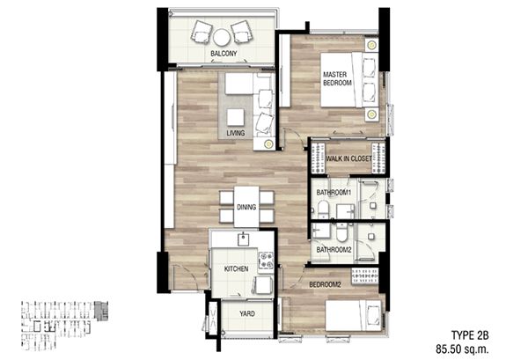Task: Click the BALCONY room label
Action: pyautogui.click(x=224, y=53)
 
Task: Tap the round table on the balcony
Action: pyautogui.click(x=222, y=37)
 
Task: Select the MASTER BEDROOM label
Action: pyautogui.click(x=337, y=78)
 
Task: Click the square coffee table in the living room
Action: pyautogui.click(x=235, y=118)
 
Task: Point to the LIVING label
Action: pyautogui.click(x=235, y=133)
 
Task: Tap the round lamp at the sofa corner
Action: pyautogui.click(x=268, y=144)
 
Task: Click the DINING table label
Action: pyautogui.click(x=246, y=207)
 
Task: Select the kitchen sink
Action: pyautogui.click(x=243, y=239)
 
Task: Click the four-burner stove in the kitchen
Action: pyautogui.click(x=266, y=261)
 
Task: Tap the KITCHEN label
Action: pyautogui.click(x=237, y=268)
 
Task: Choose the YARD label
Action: pyautogui.click(x=246, y=314)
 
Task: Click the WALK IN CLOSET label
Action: pyautogui.click(x=348, y=158)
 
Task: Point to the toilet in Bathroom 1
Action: pyautogui.click(x=323, y=209)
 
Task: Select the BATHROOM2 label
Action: pyautogui.click(x=334, y=250)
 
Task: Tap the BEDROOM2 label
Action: pyautogui.click(x=325, y=284)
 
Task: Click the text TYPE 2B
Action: pyautogui.click(x=470, y=335)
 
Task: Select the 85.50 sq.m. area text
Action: pyautogui.click(x=462, y=349)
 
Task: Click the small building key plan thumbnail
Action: pyautogui.click(x=64, y=326)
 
